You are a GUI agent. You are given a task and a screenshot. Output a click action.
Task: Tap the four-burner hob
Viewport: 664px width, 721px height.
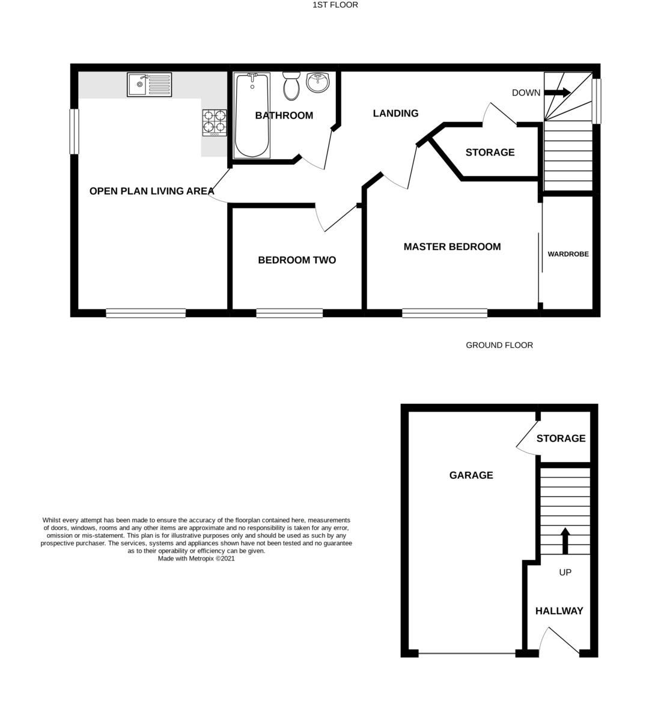click(215, 123)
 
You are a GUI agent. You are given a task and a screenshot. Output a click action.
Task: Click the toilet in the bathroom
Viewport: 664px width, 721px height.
click(291, 87)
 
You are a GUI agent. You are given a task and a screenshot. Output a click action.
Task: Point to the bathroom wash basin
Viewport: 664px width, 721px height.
click(318, 82)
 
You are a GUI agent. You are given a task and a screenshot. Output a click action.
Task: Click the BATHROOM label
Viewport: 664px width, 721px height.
click(284, 115)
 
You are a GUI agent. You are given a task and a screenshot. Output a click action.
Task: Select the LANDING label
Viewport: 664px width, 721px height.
click(395, 113)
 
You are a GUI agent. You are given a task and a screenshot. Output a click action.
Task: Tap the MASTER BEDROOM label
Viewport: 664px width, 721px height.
click(452, 246)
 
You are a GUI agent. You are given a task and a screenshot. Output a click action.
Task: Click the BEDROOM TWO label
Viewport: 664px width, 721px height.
click(297, 260)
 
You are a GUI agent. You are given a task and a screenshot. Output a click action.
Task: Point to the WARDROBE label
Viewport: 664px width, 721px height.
click(568, 254)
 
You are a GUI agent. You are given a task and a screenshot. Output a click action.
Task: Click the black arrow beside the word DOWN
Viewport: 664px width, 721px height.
click(558, 93)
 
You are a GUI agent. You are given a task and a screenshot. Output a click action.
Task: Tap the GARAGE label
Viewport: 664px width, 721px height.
click(471, 475)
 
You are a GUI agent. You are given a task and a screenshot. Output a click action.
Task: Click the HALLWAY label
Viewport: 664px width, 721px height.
click(559, 611)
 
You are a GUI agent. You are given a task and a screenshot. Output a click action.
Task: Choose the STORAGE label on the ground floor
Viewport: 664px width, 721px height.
click(561, 439)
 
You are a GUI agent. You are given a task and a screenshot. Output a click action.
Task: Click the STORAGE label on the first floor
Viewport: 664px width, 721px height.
click(490, 153)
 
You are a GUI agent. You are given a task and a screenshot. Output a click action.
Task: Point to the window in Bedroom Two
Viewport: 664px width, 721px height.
click(289, 312)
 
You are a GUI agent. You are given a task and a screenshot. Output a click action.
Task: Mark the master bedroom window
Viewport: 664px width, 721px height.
click(445, 312)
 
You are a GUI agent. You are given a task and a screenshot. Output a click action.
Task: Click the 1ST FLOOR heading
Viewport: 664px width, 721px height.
click(335, 5)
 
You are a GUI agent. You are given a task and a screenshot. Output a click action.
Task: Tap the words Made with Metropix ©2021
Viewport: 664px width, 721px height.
click(196, 558)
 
